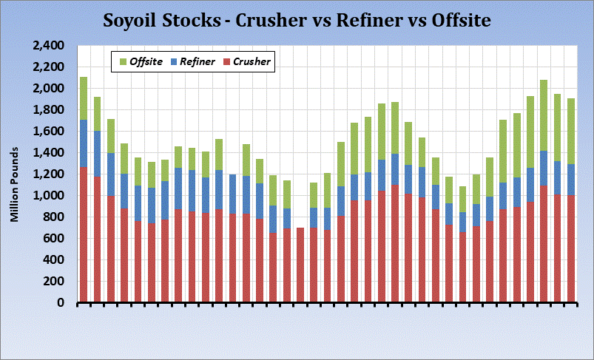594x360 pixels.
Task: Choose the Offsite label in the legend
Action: pos(145,62)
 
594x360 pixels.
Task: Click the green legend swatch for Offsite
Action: pos(122,62)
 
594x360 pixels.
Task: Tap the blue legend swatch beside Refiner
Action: pos(174,62)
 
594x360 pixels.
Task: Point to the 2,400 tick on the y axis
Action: pos(49,46)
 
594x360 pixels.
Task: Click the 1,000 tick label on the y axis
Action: pos(49,196)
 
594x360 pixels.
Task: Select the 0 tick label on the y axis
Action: pos(62,303)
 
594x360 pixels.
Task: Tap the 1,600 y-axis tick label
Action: pos(49,132)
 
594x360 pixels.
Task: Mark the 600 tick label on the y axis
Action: pos(53,239)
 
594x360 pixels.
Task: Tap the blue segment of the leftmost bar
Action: pos(84,143)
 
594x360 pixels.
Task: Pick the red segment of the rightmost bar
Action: pos(571,248)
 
